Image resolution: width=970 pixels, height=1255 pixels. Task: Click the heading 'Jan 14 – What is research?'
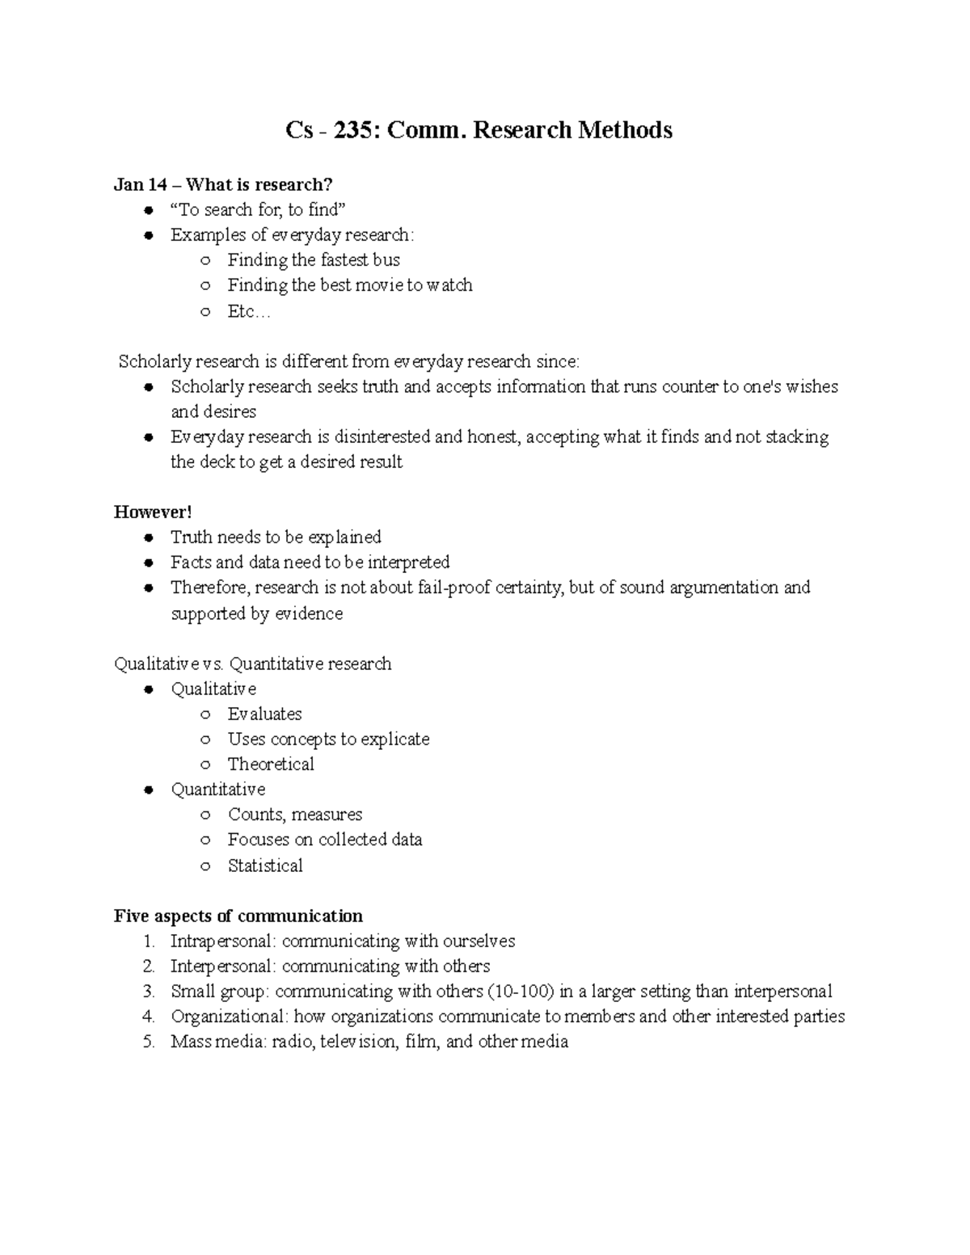pyautogui.click(x=223, y=185)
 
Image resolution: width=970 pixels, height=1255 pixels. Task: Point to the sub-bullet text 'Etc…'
pyautogui.click(x=249, y=311)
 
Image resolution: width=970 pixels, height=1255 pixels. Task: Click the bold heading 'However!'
pyautogui.click(x=153, y=512)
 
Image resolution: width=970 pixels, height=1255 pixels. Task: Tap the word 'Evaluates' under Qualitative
pyautogui.click(x=265, y=714)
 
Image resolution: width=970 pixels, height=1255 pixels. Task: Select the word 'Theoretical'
pyautogui.click(x=271, y=764)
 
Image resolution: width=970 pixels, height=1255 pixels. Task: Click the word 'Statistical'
pyautogui.click(x=265, y=865)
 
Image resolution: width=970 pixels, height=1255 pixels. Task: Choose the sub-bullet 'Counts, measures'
pyautogui.click(x=295, y=815)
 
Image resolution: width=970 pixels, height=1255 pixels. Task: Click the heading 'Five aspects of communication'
pyautogui.click(x=238, y=916)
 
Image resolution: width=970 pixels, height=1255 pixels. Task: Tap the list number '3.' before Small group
pyautogui.click(x=148, y=992)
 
